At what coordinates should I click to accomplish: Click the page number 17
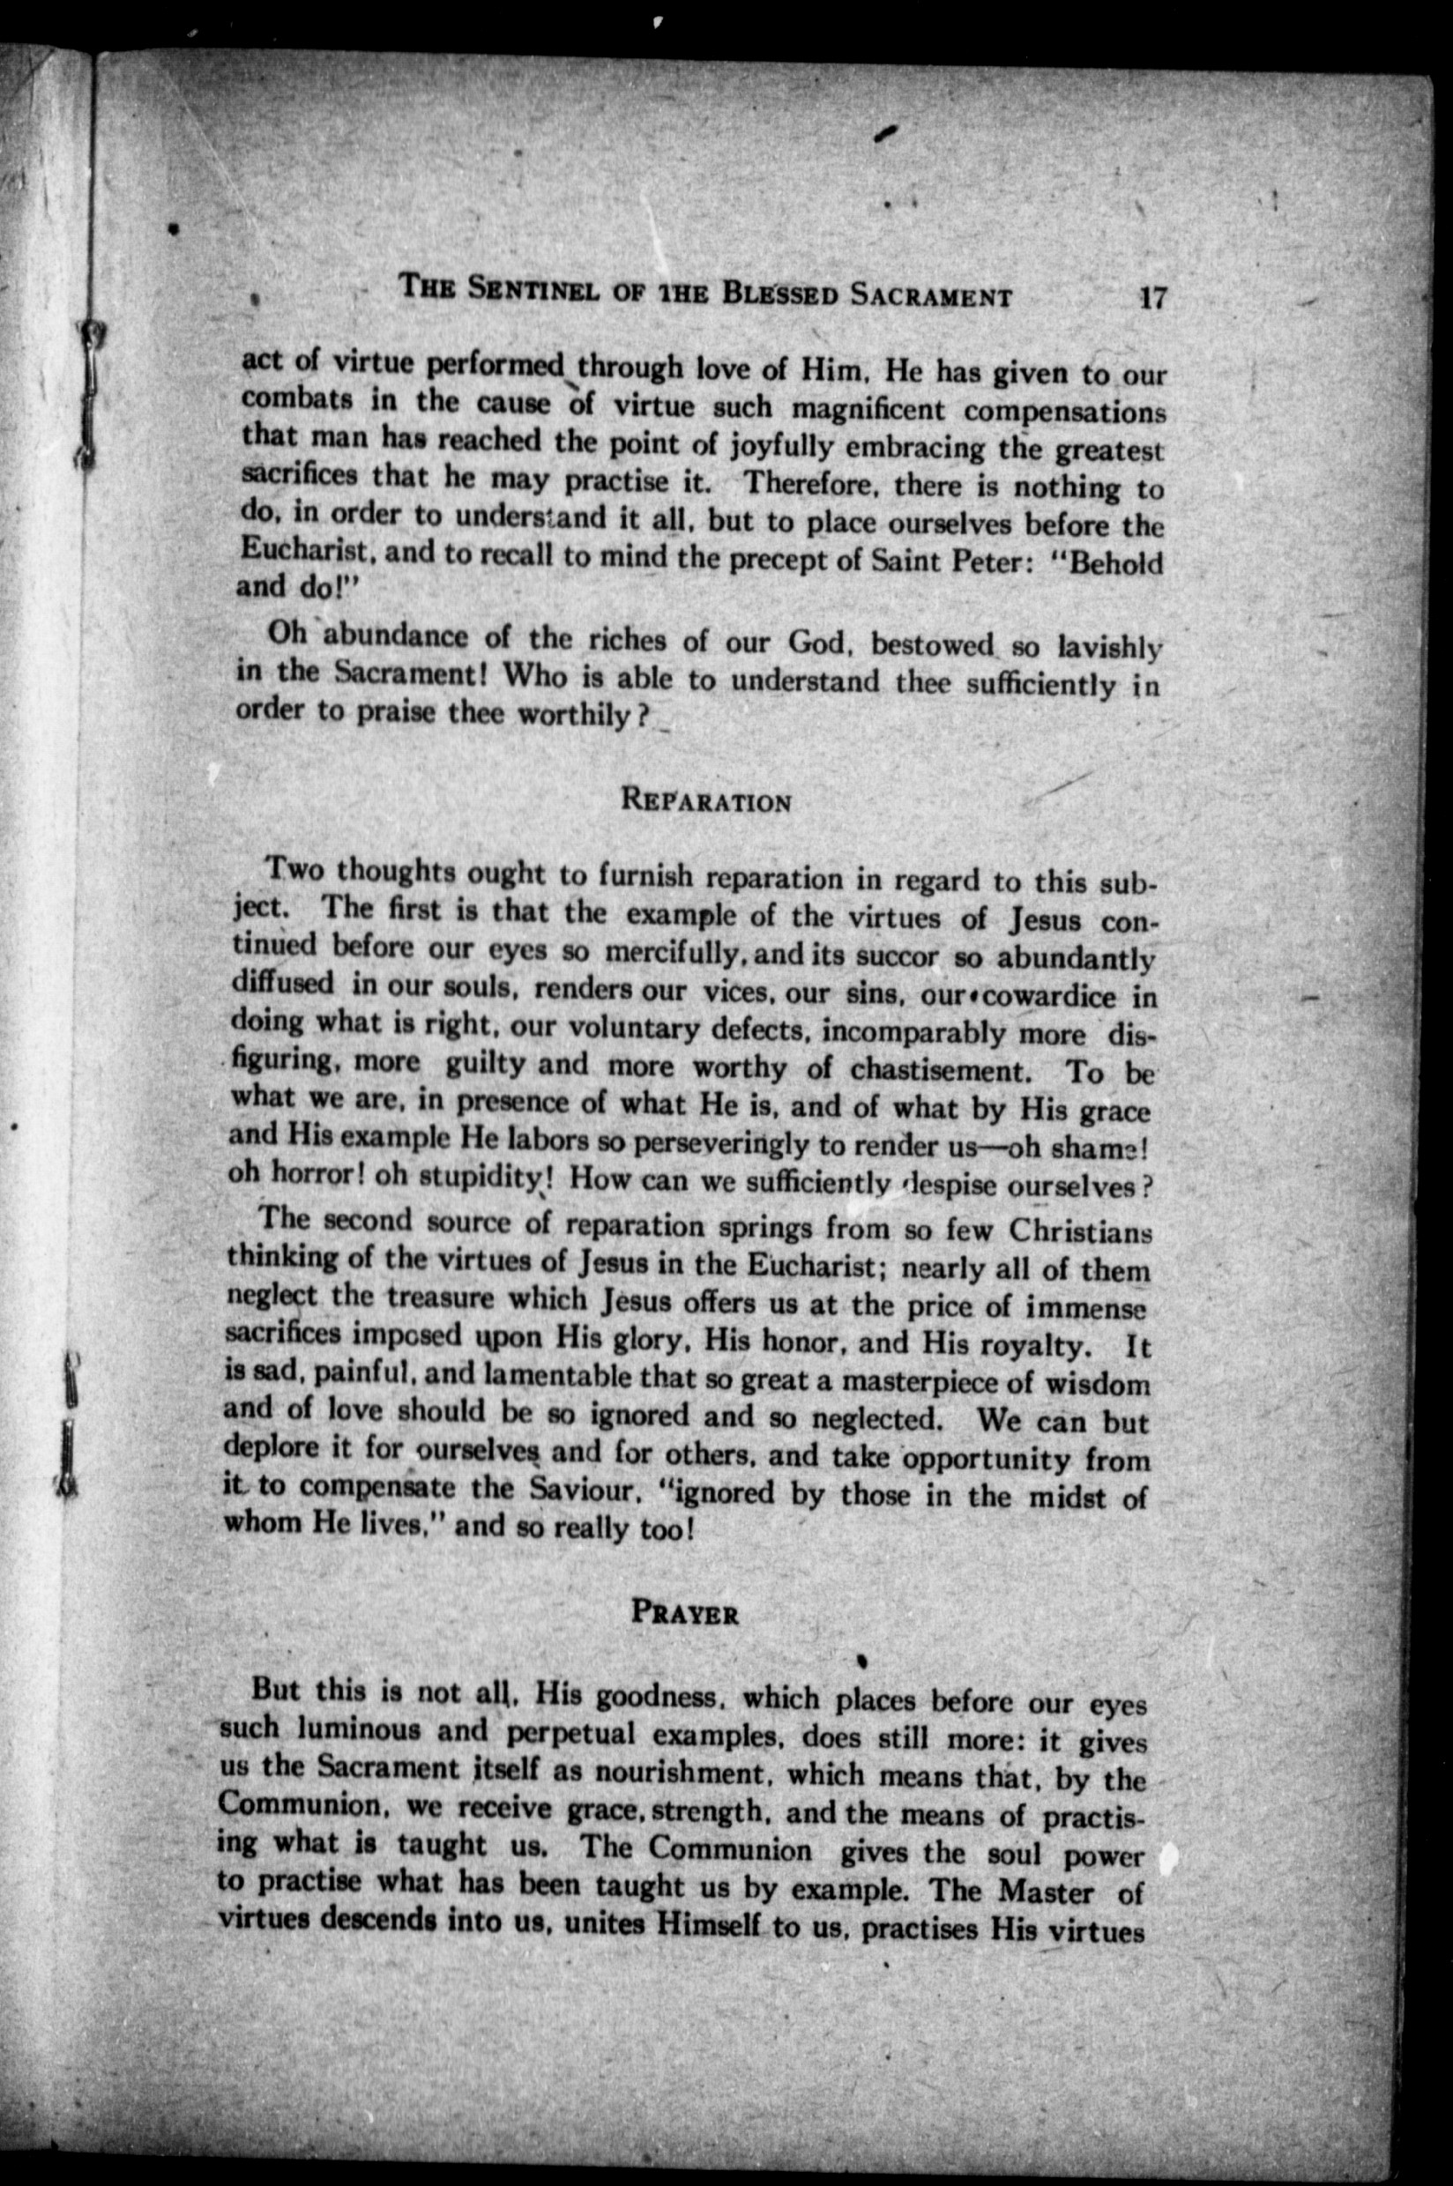pos(1151,299)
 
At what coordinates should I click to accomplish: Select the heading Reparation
pos(707,799)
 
